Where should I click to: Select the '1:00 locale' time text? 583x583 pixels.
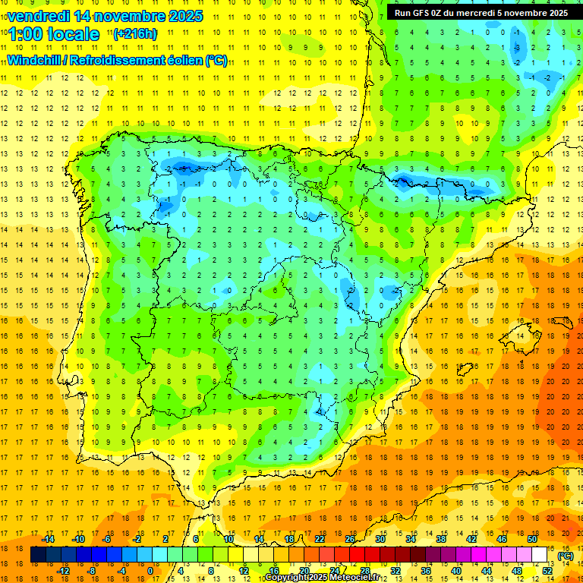point(54,34)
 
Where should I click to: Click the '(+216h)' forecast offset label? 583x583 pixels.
point(136,34)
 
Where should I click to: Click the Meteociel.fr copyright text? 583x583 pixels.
point(322,578)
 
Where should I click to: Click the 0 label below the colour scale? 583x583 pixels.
point(150,571)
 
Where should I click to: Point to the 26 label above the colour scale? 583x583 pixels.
point(350,539)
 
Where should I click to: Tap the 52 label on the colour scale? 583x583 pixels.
point(547,571)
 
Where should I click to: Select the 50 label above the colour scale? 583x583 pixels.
point(532,539)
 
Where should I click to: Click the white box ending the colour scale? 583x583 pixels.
point(540,555)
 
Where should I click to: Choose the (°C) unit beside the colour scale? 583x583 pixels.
point(566,555)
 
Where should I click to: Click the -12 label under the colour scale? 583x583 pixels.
point(63,571)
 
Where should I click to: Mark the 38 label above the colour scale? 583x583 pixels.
point(441,539)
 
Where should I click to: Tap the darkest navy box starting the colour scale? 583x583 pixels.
point(38,555)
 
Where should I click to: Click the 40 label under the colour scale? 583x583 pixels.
point(456,571)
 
